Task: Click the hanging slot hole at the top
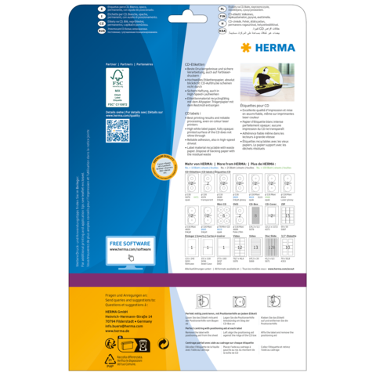tap(188, 13)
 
